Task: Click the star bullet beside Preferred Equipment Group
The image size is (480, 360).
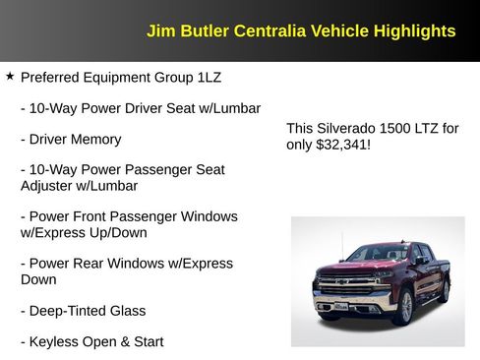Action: pos(10,76)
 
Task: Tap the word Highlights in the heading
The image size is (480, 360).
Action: pos(414,31)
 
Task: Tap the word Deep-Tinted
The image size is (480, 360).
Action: pos(70,311)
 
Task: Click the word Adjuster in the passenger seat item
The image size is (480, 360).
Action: pos(48,185)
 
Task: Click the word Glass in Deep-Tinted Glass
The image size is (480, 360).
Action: pos(128,311)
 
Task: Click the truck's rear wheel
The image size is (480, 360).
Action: pos(446,288)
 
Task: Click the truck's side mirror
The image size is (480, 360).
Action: pos(420,262)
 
